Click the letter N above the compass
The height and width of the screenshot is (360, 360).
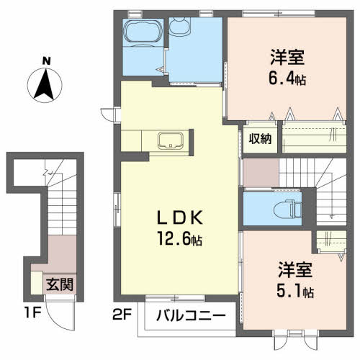point(46,60)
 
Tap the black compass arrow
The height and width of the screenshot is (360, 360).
point(44,84)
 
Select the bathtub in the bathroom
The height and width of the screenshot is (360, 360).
point(143,32)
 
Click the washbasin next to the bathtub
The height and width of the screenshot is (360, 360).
point(179,26)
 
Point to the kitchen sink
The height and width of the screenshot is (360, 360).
point(171,140)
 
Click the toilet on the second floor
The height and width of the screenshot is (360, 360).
point(287,210)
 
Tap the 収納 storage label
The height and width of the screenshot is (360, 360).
point(260,139)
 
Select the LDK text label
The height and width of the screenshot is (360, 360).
point(180,217)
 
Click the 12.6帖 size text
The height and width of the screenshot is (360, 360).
point(179,238)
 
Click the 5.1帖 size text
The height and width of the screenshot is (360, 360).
point(295,291)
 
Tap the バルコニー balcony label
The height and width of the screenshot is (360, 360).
point(191,315)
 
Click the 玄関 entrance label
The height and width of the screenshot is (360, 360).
point(60,284)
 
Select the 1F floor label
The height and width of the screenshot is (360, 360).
point(32,312)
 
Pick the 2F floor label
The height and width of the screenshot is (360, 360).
point(122,315)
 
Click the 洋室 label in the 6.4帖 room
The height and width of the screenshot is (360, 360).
point(287,57)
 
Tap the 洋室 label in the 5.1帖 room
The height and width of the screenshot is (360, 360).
point(295,270)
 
